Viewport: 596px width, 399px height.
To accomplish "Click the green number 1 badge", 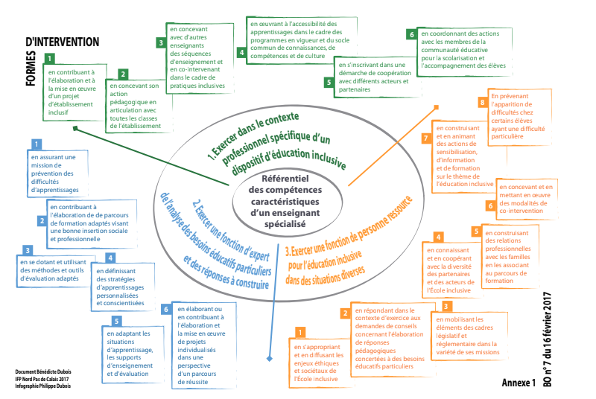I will pyautogui.click(x=49, y=58).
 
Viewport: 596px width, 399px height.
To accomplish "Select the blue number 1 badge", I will pyautogui.click(x=36, y=144).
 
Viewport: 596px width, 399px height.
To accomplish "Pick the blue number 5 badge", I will pyautogui.click(x=117, y=321).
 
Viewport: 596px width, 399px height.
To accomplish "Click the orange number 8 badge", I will pyautogui.click(x=483, y=102).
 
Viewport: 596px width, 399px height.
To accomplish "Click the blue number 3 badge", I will pyautogui.click(x=28, y=251).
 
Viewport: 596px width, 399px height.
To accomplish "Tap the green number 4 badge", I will pyautogui.click(x=241, y=52).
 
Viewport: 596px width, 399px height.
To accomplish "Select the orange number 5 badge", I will pyautogui.click(x=476, y=232).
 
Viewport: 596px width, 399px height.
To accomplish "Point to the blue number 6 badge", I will pyautogui.click(x=166, y=308).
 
